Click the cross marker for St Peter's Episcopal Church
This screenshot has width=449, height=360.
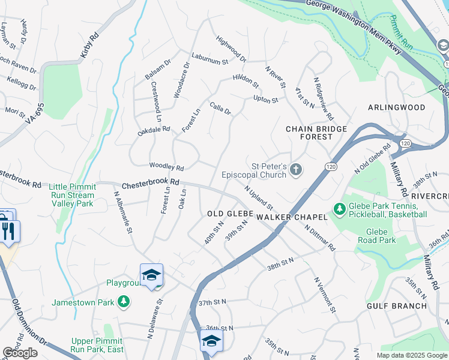(x=295, y=170)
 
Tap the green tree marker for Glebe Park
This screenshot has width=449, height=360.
(x=340, y=209)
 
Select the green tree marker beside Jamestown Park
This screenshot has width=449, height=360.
(x=124, y=301)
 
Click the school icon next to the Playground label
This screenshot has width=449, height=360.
(x=151, y=275)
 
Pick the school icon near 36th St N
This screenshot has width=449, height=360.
(x=211, y=341)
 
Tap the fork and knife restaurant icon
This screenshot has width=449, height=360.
(x=8, y=231)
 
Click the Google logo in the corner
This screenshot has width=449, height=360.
(x=20, y=353)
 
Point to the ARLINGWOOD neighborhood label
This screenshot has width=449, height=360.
(x=397, y=107)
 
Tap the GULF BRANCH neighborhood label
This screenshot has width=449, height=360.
(x=397, y=305)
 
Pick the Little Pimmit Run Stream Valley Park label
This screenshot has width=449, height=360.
(x=71, y=195)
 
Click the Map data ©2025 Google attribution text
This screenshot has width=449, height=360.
(x=412, y=355)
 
